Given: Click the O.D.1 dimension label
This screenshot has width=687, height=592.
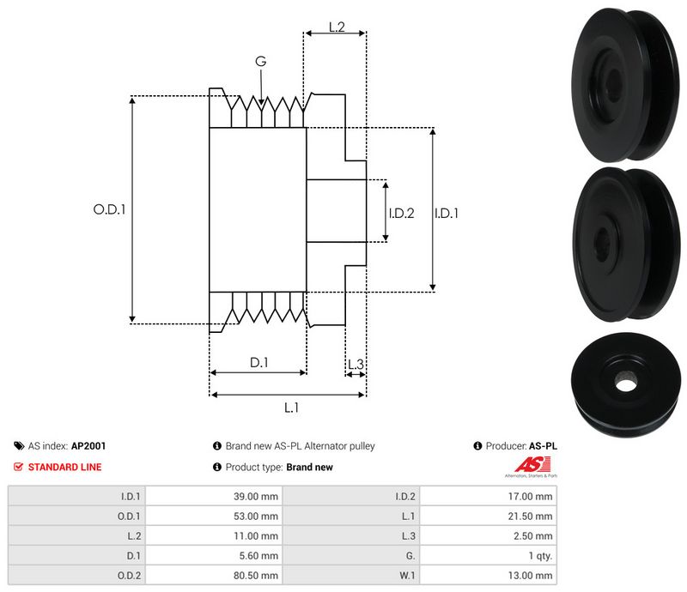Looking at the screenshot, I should coord(110,208).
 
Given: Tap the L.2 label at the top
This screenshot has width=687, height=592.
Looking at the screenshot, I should coord(336,27).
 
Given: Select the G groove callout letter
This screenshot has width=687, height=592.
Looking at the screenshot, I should coord(260,61).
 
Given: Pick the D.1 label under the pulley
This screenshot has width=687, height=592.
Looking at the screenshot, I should coord(259,363).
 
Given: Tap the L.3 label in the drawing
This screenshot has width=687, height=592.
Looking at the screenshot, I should coord(356,365).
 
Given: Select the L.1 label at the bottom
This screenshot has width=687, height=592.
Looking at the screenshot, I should coord(290,408).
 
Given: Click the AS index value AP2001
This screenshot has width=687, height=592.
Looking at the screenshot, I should coord(88,446).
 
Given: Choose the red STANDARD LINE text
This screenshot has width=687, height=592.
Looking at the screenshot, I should coord(64,468).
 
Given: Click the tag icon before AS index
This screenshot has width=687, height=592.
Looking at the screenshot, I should coord(18,446).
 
